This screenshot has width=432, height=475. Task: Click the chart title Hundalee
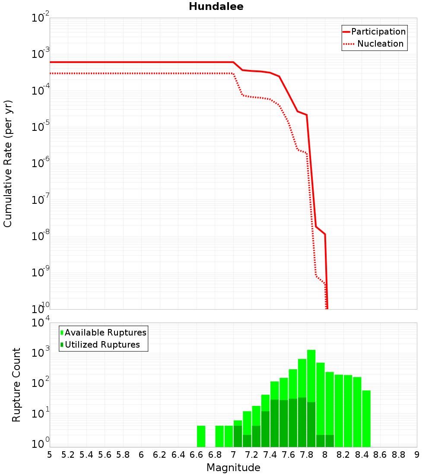click(216, 7)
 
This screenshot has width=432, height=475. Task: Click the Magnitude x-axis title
click(233, 468)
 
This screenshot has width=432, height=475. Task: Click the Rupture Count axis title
click(16, 384)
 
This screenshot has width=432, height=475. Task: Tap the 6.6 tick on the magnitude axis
click(197, 455)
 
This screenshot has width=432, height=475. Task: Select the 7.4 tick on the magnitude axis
click(270, 455)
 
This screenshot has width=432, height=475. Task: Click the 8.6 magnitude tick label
click(380, 455)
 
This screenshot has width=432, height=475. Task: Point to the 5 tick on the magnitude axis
click(50, 455)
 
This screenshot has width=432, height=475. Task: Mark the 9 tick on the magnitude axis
click(417, 455)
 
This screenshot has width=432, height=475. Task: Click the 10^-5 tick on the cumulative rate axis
click(41, 128)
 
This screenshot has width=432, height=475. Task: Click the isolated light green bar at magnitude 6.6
click(201, 436)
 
